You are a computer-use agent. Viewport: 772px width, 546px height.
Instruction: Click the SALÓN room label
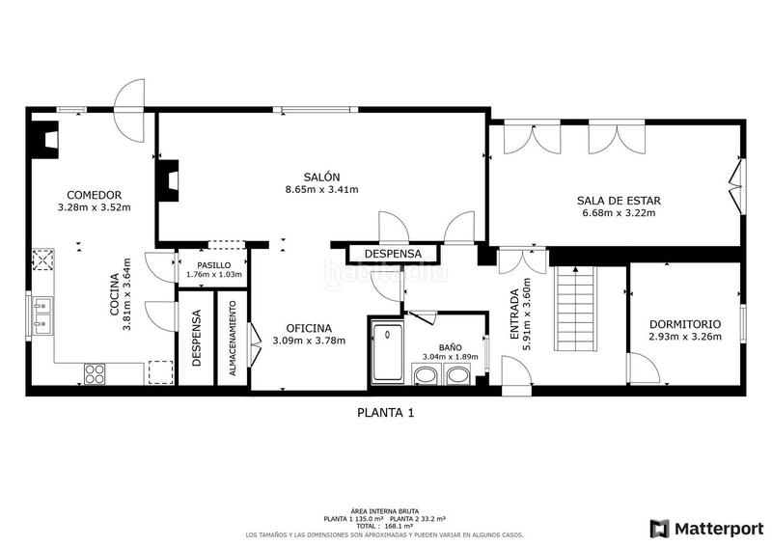click(321, 177)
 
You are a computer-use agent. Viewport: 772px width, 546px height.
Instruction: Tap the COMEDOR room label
click(94, 193)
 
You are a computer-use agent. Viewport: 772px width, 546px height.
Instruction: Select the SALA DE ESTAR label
click(619, 201)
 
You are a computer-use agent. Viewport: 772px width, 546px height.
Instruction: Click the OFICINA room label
click(309, 327)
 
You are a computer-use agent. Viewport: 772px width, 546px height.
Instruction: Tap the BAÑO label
click(450, 346)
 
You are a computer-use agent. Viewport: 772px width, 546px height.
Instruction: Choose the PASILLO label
click(213, 264)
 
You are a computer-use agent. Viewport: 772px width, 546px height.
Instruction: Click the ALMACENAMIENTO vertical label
click(233, 344)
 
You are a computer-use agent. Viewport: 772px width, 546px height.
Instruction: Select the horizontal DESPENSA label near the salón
click(393, 254)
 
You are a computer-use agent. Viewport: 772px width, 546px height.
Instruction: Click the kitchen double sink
click(41, 314)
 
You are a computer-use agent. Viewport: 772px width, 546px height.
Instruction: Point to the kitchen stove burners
click(95, 373)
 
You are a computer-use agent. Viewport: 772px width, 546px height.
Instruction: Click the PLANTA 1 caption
click(386, 413)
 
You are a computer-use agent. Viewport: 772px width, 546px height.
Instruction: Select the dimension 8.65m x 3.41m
click(321, 190)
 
